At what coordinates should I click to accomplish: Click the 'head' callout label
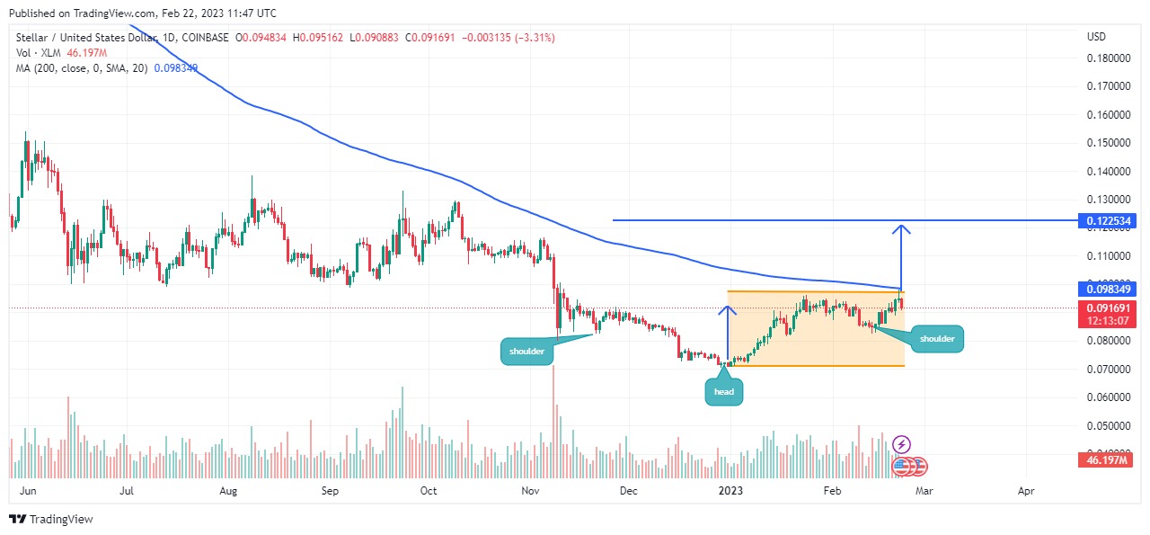[724, 391]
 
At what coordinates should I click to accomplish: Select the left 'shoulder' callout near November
[526, 351]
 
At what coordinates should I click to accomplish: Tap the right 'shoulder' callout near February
[938, 338]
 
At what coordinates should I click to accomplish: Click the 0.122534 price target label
[1110, 220]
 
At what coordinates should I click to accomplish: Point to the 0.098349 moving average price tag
[1110, 290]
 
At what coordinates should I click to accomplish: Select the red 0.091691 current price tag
[1110, 308]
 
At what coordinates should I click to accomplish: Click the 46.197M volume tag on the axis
[1110, 460]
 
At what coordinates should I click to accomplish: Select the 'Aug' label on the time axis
[228, 491]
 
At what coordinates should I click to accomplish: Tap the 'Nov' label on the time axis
[530, 491]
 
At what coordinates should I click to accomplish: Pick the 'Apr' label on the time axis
[1026, 491]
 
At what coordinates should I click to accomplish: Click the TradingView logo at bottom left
[51, 520]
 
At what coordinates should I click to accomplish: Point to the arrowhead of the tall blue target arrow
[900, 228]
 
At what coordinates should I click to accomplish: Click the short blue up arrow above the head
[730, 312]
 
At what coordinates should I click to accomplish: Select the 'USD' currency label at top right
[1096, 37]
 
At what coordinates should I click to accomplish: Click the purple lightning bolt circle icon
[902, 444]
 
